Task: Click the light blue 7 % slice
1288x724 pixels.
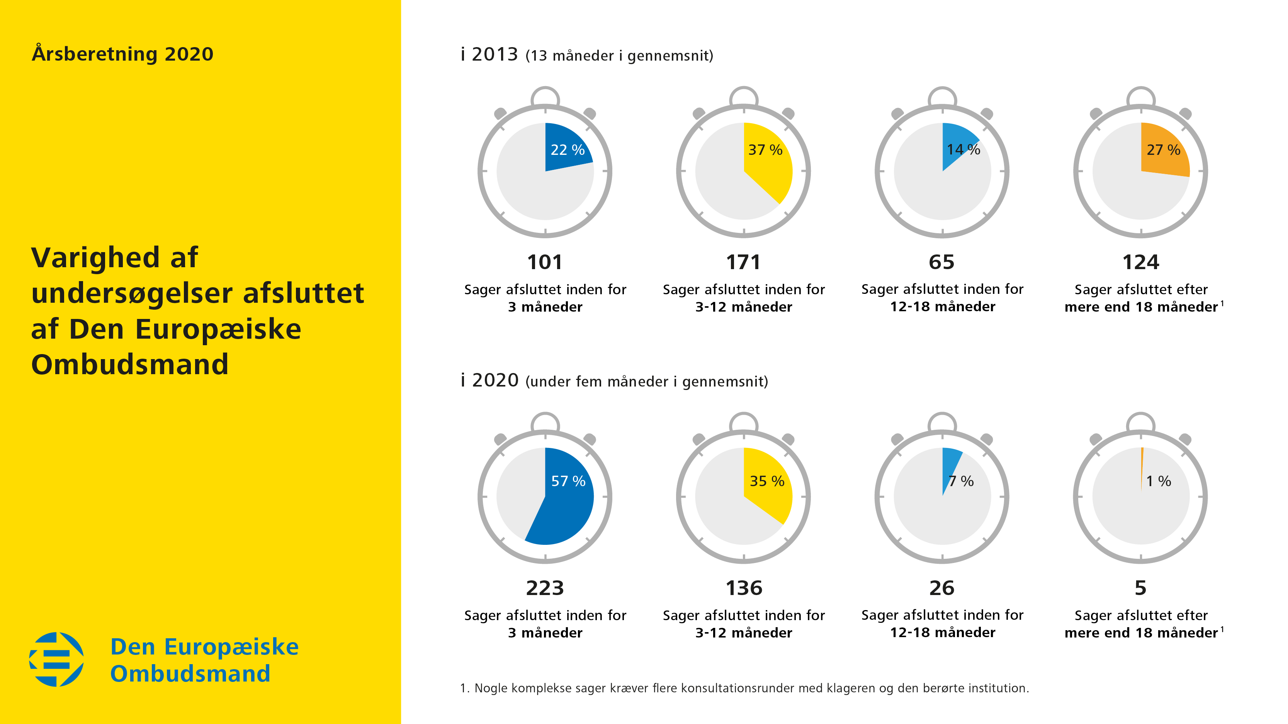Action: tap(950, 462)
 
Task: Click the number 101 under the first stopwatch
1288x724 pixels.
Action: tap(544, 262)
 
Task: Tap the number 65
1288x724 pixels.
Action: tap(942, 262)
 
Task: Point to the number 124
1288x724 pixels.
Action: tap(1140, 262)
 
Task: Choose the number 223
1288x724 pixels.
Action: tap(544, 588)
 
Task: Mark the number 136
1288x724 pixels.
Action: tap(744, 588)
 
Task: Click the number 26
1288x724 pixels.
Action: tap(942, 588)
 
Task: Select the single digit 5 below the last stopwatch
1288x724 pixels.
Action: tap(1140, 588)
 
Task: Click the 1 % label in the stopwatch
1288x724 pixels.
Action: tap(1159, 481)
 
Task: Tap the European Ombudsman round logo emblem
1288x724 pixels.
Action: tap(56, 660)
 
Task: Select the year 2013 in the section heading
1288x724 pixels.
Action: tap(494, 54)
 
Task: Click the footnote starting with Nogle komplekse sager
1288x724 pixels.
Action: tap(745, 688)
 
